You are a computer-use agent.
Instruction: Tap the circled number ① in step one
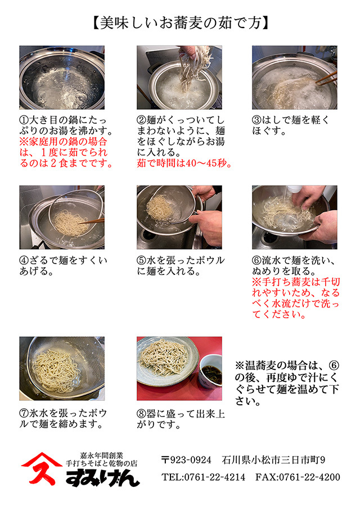pyautogui.click(x=24, y=121)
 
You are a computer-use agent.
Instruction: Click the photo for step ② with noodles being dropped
pyautogui.click(x=179, y=78)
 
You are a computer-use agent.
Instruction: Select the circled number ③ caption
pyautogui.click(x=257, y=121)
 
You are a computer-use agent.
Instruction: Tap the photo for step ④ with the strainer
pyautogui.click(x=62, y=217)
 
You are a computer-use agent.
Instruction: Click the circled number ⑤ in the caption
pyautogui.click(x=142, y=261)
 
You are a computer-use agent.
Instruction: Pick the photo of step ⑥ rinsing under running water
pyautogui.click(x=294, y=217)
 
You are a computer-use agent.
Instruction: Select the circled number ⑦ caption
pyautogui.click(x=24, y=413)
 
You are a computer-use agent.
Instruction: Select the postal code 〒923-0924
pyautogui.click(x=186, y=460)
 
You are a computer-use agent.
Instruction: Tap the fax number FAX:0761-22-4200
pyautogui.click(x=298, y=477)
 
